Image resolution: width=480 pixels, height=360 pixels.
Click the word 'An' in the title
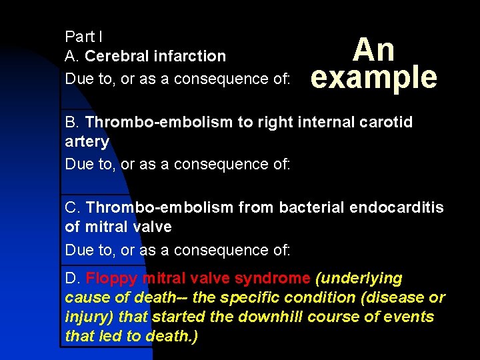[374, 50]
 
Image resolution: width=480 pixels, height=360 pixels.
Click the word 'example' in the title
[374, 79]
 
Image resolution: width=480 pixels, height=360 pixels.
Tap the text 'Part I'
[83, 36]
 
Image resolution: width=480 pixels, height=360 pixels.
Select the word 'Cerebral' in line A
[117, 56]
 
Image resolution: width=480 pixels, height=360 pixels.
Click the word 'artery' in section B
[87, 142]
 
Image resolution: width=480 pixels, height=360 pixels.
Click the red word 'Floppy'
[111, 278]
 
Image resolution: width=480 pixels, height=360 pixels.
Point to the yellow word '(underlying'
[359, 278]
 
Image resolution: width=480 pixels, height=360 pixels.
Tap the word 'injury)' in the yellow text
[91, 317]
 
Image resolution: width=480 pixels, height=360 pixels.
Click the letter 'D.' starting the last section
[73, 278]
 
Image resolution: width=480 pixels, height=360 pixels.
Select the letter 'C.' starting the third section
[73, 208]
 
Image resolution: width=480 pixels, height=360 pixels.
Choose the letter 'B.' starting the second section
[73, 123]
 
